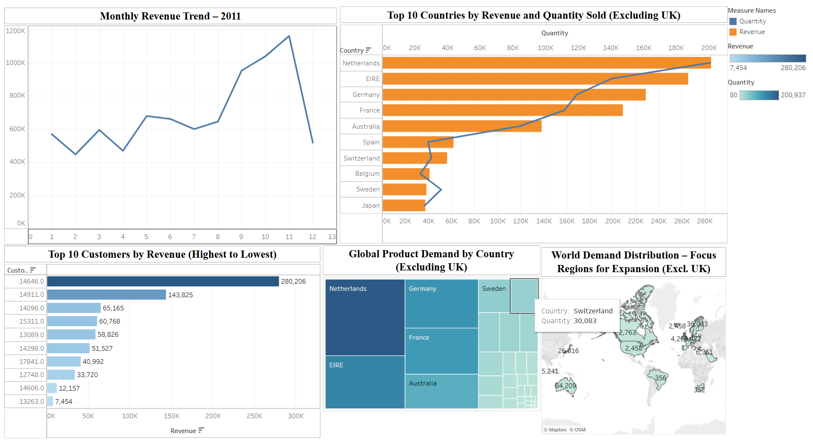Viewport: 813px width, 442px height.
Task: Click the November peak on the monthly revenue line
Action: click(x=289, y=36)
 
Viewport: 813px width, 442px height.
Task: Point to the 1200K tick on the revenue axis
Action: click(x=15, y=31)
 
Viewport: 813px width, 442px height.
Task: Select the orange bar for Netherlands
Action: click(x=547, y=63)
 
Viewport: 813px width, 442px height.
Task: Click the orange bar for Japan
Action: click(x=404, y=206)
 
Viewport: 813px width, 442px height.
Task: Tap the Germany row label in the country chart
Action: click(x=366, y=95)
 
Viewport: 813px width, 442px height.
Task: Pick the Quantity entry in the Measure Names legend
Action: click(x=752, y=21)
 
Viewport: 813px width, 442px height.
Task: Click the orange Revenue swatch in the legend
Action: click(x=733, y=32)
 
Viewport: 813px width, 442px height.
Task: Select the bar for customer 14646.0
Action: click(x=163, y=282)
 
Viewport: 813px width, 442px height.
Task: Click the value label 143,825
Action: click(x=180, y=295)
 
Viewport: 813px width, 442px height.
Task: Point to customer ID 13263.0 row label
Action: click(x=31, y=402)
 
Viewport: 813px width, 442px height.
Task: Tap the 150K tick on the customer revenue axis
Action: click(x=171, y=416)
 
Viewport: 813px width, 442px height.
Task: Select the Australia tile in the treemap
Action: click(x=441, y=391)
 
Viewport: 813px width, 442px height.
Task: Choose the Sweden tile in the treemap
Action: click(x=494, y=296)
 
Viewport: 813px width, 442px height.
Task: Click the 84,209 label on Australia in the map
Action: click(x=566, y=386)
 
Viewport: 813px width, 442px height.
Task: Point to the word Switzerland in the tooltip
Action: click(x=593, y=311)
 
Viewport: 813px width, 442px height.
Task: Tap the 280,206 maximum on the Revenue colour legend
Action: click(x=793, y=68)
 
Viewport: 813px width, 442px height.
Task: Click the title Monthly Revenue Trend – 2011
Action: click(x=170, y=16)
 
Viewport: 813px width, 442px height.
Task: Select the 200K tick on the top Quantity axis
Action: click(x=709, y=48)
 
